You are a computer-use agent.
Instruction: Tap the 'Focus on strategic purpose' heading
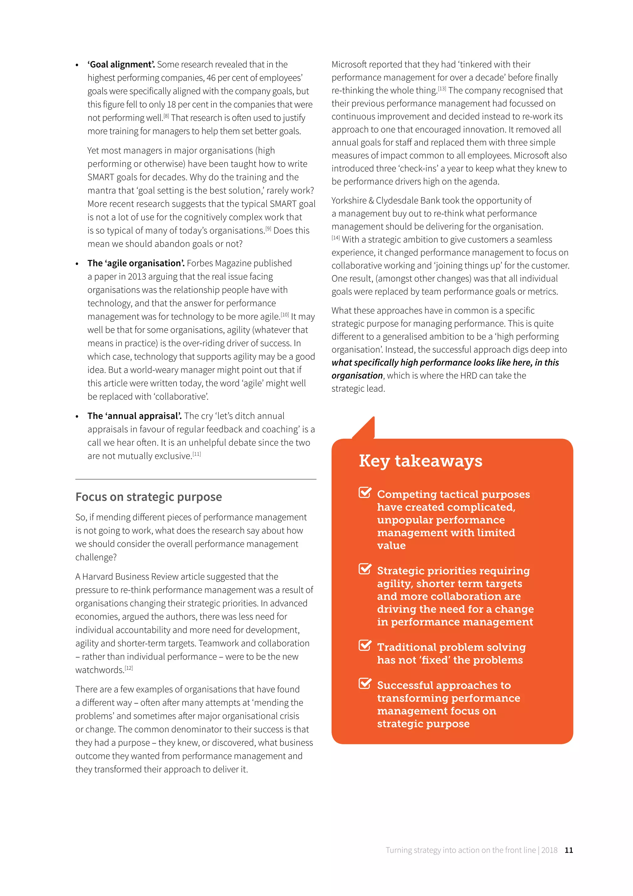tap(148, 497)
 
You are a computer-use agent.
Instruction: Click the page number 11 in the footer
tap(569, 850)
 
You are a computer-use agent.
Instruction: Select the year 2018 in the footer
tap(549, 850)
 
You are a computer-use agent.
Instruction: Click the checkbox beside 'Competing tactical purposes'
tap(365, 493)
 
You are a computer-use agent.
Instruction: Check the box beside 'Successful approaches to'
tap(365, 684)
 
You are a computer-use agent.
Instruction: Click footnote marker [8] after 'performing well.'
tap(166, 116)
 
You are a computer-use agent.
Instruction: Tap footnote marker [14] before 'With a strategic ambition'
tap(336, 238)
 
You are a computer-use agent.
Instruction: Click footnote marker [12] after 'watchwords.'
tap(129, 668)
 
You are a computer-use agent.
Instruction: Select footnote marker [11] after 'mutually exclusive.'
tap(197, 454)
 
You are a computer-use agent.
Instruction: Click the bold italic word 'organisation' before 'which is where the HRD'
tap(357, 376)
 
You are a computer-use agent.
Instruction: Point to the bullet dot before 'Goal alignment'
tap(77, 65)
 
